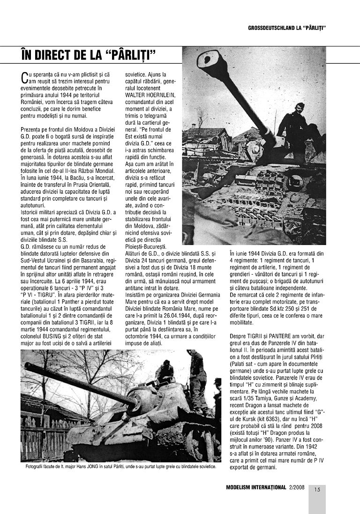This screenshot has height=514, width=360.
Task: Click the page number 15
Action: tap(317, 490)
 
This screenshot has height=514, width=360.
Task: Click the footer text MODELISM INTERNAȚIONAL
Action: tap(256, 487)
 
